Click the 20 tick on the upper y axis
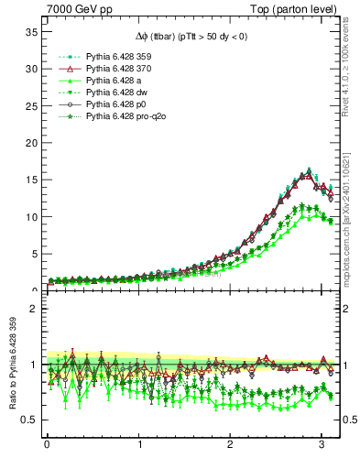point(30,143)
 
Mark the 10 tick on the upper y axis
point(30,217)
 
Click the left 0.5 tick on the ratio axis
point(29,420)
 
